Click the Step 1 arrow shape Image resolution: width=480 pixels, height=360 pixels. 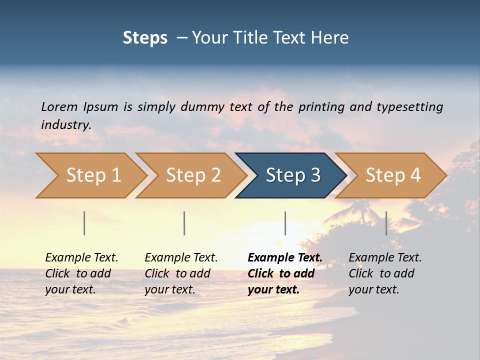(90, 175)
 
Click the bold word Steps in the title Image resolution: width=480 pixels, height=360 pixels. (145, 38)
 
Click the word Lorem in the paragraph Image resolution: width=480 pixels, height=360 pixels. (59, 106)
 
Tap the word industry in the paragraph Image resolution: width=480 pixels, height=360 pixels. (66, 124)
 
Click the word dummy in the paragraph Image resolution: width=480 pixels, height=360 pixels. (203, 106)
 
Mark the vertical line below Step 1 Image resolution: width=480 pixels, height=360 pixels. (84, 223)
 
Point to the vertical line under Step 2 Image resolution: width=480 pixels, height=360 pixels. (184, 223)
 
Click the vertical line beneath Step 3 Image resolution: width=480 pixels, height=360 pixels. (285, 223)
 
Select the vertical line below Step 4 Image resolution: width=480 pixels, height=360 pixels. (386, 223)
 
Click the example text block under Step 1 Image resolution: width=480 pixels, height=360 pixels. (81, 273)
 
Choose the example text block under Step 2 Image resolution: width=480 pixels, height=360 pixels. (181, 273)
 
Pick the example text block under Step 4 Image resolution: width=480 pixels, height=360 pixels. (385, 273)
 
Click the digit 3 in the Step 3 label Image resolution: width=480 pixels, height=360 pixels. (314, 175)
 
